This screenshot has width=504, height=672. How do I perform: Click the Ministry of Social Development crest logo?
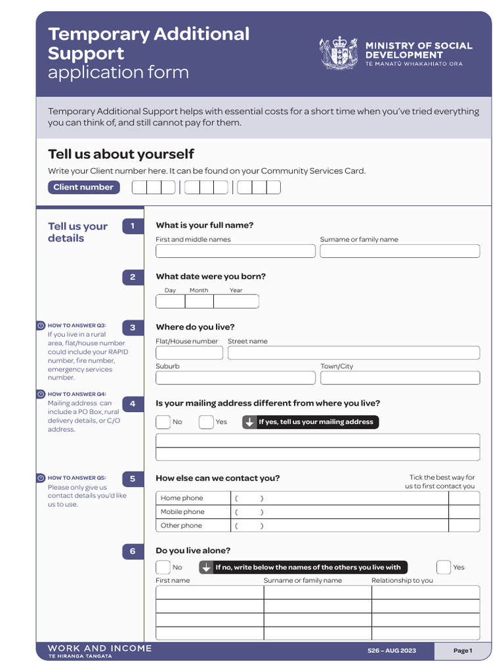coord(339,52)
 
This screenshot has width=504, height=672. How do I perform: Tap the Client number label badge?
coord(83,187)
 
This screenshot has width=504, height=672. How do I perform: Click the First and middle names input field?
coord(235,251)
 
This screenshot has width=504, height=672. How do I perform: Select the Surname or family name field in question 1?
coord(400,251)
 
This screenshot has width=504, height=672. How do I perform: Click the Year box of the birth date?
coord(236,302)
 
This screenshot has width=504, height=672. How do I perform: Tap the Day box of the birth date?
coord(170,302)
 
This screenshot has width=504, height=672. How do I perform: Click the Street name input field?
coord(353,353)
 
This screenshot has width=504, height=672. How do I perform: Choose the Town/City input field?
coord(400,378)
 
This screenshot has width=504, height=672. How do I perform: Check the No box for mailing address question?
coord(163,422)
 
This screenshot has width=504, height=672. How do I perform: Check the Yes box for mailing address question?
coord(206,422)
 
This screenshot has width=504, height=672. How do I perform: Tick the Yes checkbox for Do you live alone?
coord(444,567)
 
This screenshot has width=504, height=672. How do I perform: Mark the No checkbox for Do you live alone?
coord(163,567)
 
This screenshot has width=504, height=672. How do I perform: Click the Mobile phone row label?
coord(182,512)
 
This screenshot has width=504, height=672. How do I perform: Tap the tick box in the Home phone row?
coord(464,498)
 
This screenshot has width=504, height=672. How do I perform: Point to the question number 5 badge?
coord(133,479)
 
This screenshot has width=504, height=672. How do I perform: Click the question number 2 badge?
coord(133,277)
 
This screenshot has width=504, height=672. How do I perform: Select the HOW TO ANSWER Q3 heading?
coord(76,325)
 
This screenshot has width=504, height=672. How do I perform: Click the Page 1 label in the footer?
coord(463,650)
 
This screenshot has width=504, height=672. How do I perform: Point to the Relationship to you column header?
coord(402,581)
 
